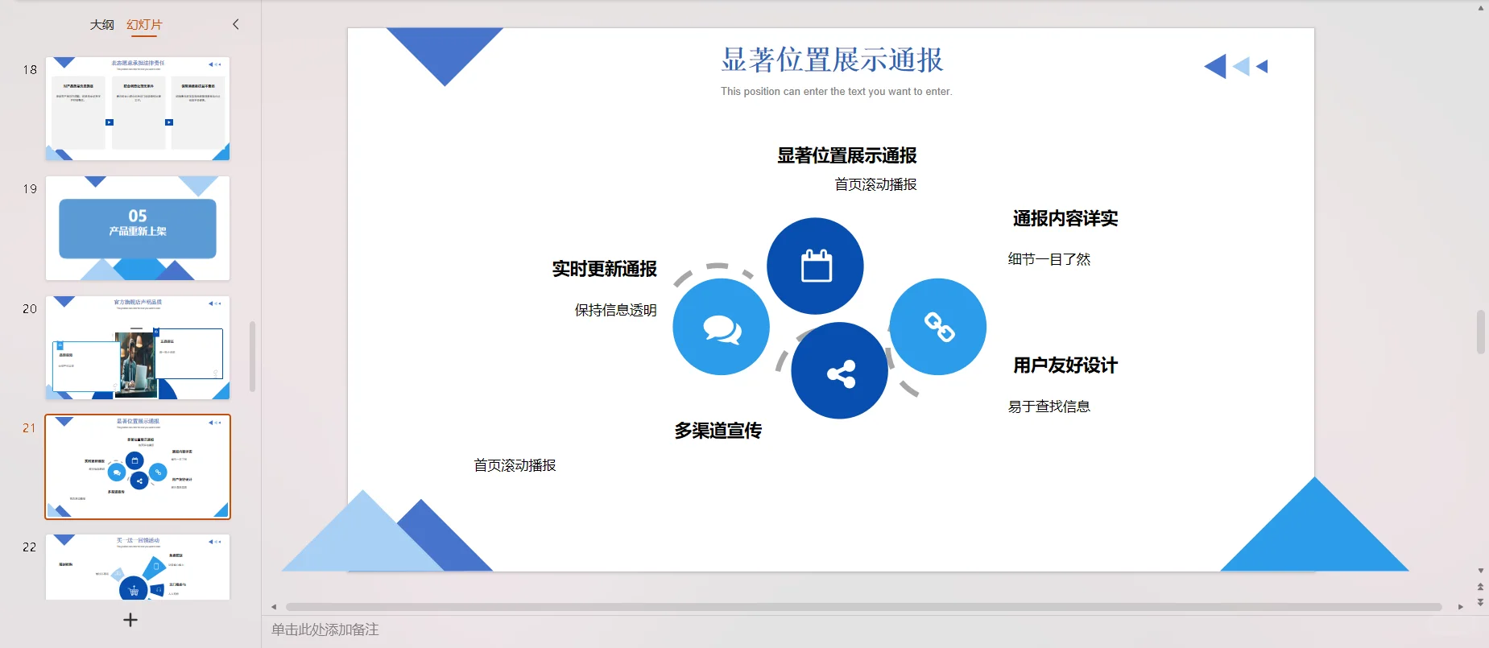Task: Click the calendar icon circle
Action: coord(815,266)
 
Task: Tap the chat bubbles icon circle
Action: coord(721,327)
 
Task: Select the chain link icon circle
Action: coord(938,327)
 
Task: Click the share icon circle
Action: coord(840,371)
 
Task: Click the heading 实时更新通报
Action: coord(604,269)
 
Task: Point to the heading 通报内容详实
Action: coord(1065,218)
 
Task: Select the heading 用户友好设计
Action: coord(1065,365)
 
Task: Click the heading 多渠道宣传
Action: coord(718,431)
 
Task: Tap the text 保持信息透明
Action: coord(615,310)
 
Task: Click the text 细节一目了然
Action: coord(1049,259)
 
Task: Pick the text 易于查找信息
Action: coord(1049,407)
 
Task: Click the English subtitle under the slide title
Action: coord(836,92)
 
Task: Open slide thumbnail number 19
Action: coord(138,228)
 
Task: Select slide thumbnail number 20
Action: coord(138,348)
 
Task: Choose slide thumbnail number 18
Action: coord(138,109)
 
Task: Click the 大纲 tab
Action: coord(101,25)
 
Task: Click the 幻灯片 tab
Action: coord(144,25)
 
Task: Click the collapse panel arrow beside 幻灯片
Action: coord(236,24)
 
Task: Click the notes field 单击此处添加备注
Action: coord(325,629)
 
